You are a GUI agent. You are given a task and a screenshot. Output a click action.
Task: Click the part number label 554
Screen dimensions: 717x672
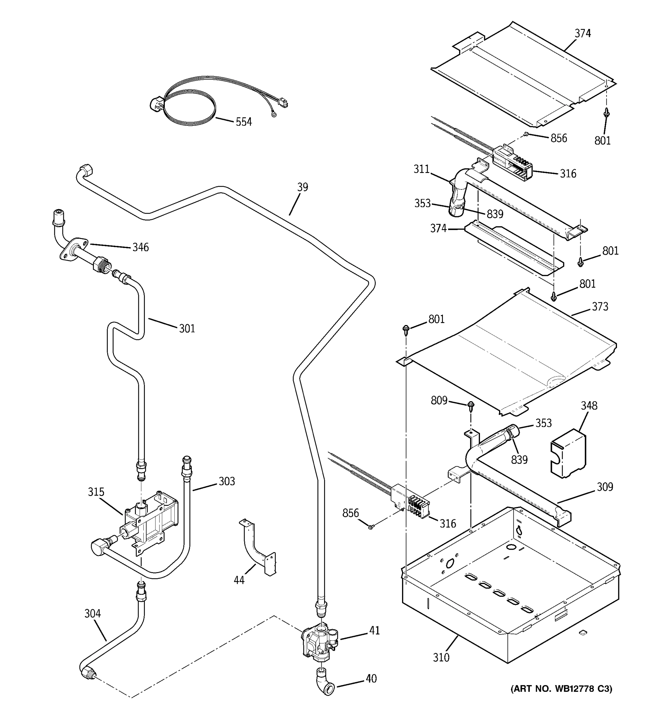244,122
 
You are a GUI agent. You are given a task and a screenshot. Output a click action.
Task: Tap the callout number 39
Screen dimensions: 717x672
303,187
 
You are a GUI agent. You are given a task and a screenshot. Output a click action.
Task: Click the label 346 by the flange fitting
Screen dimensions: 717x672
140,247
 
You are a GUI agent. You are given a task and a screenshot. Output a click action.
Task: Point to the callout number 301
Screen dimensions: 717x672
187,329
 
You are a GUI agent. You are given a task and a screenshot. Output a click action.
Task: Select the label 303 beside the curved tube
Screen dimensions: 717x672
226,482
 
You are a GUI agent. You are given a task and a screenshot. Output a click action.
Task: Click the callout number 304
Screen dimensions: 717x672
93,614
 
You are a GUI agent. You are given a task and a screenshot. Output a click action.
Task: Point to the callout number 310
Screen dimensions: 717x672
441,658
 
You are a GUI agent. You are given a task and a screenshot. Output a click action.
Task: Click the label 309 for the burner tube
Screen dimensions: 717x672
605,487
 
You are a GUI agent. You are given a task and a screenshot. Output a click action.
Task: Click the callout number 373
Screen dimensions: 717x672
600,307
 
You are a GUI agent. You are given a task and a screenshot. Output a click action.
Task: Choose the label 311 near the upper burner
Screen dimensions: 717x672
421,169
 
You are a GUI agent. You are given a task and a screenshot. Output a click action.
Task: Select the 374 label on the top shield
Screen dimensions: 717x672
583,33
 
